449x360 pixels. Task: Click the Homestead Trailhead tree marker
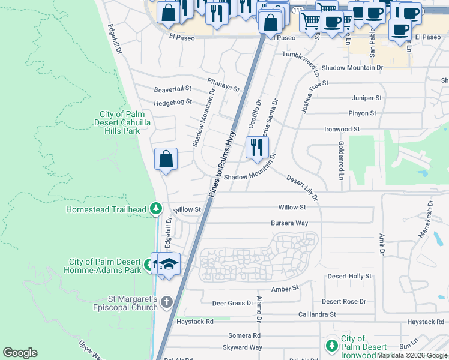click(156, 209)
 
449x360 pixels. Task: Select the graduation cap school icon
click(169, 264)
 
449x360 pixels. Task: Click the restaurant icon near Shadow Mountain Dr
click(257, 147)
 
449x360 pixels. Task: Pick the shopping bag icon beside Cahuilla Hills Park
click(166, 160)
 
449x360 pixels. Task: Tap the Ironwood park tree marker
click(331, 346)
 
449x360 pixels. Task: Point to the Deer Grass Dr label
click(232, 303)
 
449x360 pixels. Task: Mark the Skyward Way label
click(243, 347)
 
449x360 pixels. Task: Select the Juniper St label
click(367, 98)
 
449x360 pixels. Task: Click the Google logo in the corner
click(20, 353)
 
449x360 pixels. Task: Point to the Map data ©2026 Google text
click(412, 355)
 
